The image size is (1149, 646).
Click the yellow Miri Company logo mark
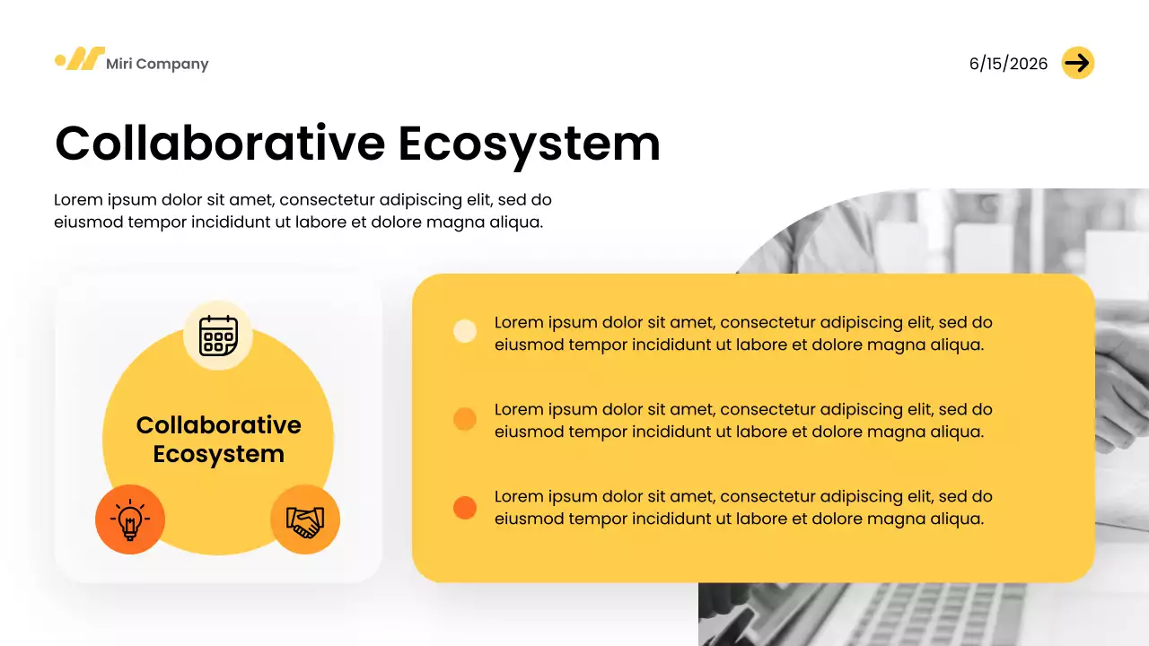[x=79, y=59]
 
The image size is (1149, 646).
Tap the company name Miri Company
[x=157, y=64]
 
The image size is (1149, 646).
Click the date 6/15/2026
[x=1008, y=64]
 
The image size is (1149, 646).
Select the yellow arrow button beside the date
[x=1077, y=63]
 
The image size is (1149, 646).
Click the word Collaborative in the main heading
[x=220, y=143]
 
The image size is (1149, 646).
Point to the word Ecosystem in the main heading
[x=529, y=143]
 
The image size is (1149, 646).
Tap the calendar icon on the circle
[x=218, y=336]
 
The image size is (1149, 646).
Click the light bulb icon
[x=130, y=519]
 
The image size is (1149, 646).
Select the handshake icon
[x=305, y=519]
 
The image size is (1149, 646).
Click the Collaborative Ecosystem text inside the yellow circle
[x=218, y=440]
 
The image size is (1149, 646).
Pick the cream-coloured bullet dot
[x=465, y=331]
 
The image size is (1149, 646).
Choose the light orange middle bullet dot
[x=465, y=419]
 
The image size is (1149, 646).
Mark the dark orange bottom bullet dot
[x=465, y=508]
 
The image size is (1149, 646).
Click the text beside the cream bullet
[x=743, y=333]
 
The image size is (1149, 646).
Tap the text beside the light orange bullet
[x=743, y=420]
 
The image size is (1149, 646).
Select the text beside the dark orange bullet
[x=743, y=507]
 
